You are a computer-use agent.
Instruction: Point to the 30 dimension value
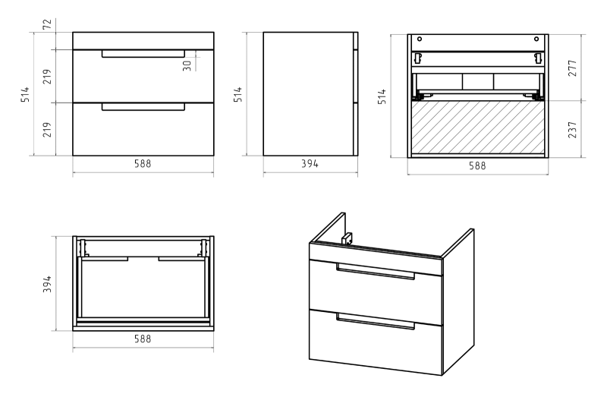[x=186, y=64]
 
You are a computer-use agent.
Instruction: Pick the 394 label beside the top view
[x=48, y=283]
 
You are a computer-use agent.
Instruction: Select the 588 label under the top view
[x=143, y=339]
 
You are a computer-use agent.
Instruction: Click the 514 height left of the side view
[x=238, y=94]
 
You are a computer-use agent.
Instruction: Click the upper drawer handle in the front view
[x=143, y=53]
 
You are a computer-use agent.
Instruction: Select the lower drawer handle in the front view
[x=143, y=107]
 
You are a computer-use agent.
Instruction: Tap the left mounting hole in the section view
[x=420, y=39]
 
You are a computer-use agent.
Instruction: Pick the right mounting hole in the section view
[x=536, y=39]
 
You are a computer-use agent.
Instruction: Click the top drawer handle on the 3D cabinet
[x=376, y=273]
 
